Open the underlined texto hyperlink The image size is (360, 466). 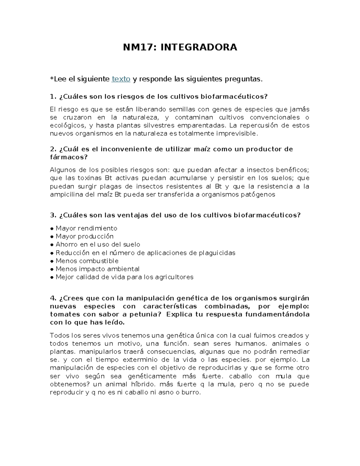pyautogui.click(x=121, y=79)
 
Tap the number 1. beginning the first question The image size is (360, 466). pyautogui.click(x=53, y=96)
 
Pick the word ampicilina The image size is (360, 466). pyautogui.click(x=66, y=194)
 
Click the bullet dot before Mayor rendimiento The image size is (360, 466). pyautogui.click(x=52, y=229)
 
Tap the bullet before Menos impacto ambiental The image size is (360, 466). pyautogui.click(x=52, y=269)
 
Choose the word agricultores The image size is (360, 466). pyautogui.click(x=174, y=277)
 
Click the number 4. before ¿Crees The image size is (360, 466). pyautogui.click(x=53, y=298)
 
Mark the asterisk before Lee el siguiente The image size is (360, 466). pyautogui.click(x=52, y=79)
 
